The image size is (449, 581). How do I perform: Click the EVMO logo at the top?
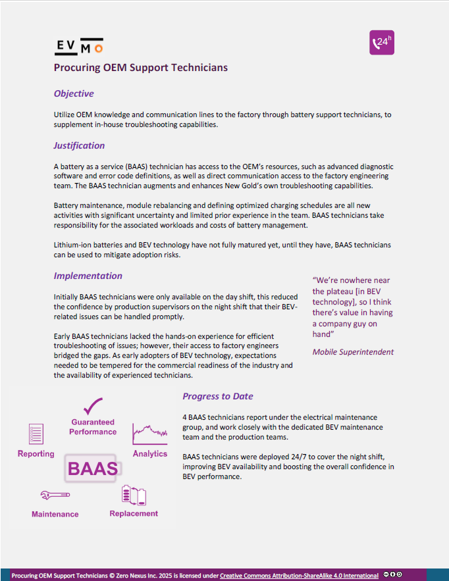[x=78, y=46]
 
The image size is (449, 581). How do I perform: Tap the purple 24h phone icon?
[x=382, y=43]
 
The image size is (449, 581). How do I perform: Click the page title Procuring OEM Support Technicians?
[x=141, y=67]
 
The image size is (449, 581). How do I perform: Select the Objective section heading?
[x=74, y=93]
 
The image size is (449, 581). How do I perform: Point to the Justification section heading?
[x=79, y=145]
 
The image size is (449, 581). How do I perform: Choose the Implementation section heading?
[x=88, y=276]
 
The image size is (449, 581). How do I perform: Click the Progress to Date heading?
[x=218, y=396]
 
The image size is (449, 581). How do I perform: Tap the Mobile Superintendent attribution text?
[x=353, y=351]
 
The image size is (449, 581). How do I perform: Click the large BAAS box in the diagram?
[x=93, y=468]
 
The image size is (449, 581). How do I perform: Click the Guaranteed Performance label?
[x=93, y=427]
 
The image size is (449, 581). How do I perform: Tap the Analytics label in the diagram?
[x=150, y=454]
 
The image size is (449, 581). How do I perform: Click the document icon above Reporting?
[x=36, y=434]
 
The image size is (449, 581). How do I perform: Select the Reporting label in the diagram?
[x=36, y=454]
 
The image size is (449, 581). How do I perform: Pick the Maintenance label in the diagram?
[x=55, y=514]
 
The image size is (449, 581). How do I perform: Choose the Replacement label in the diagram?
[x=134, y=513]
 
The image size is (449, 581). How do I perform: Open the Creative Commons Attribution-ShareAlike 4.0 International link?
[x=299, y=575]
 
